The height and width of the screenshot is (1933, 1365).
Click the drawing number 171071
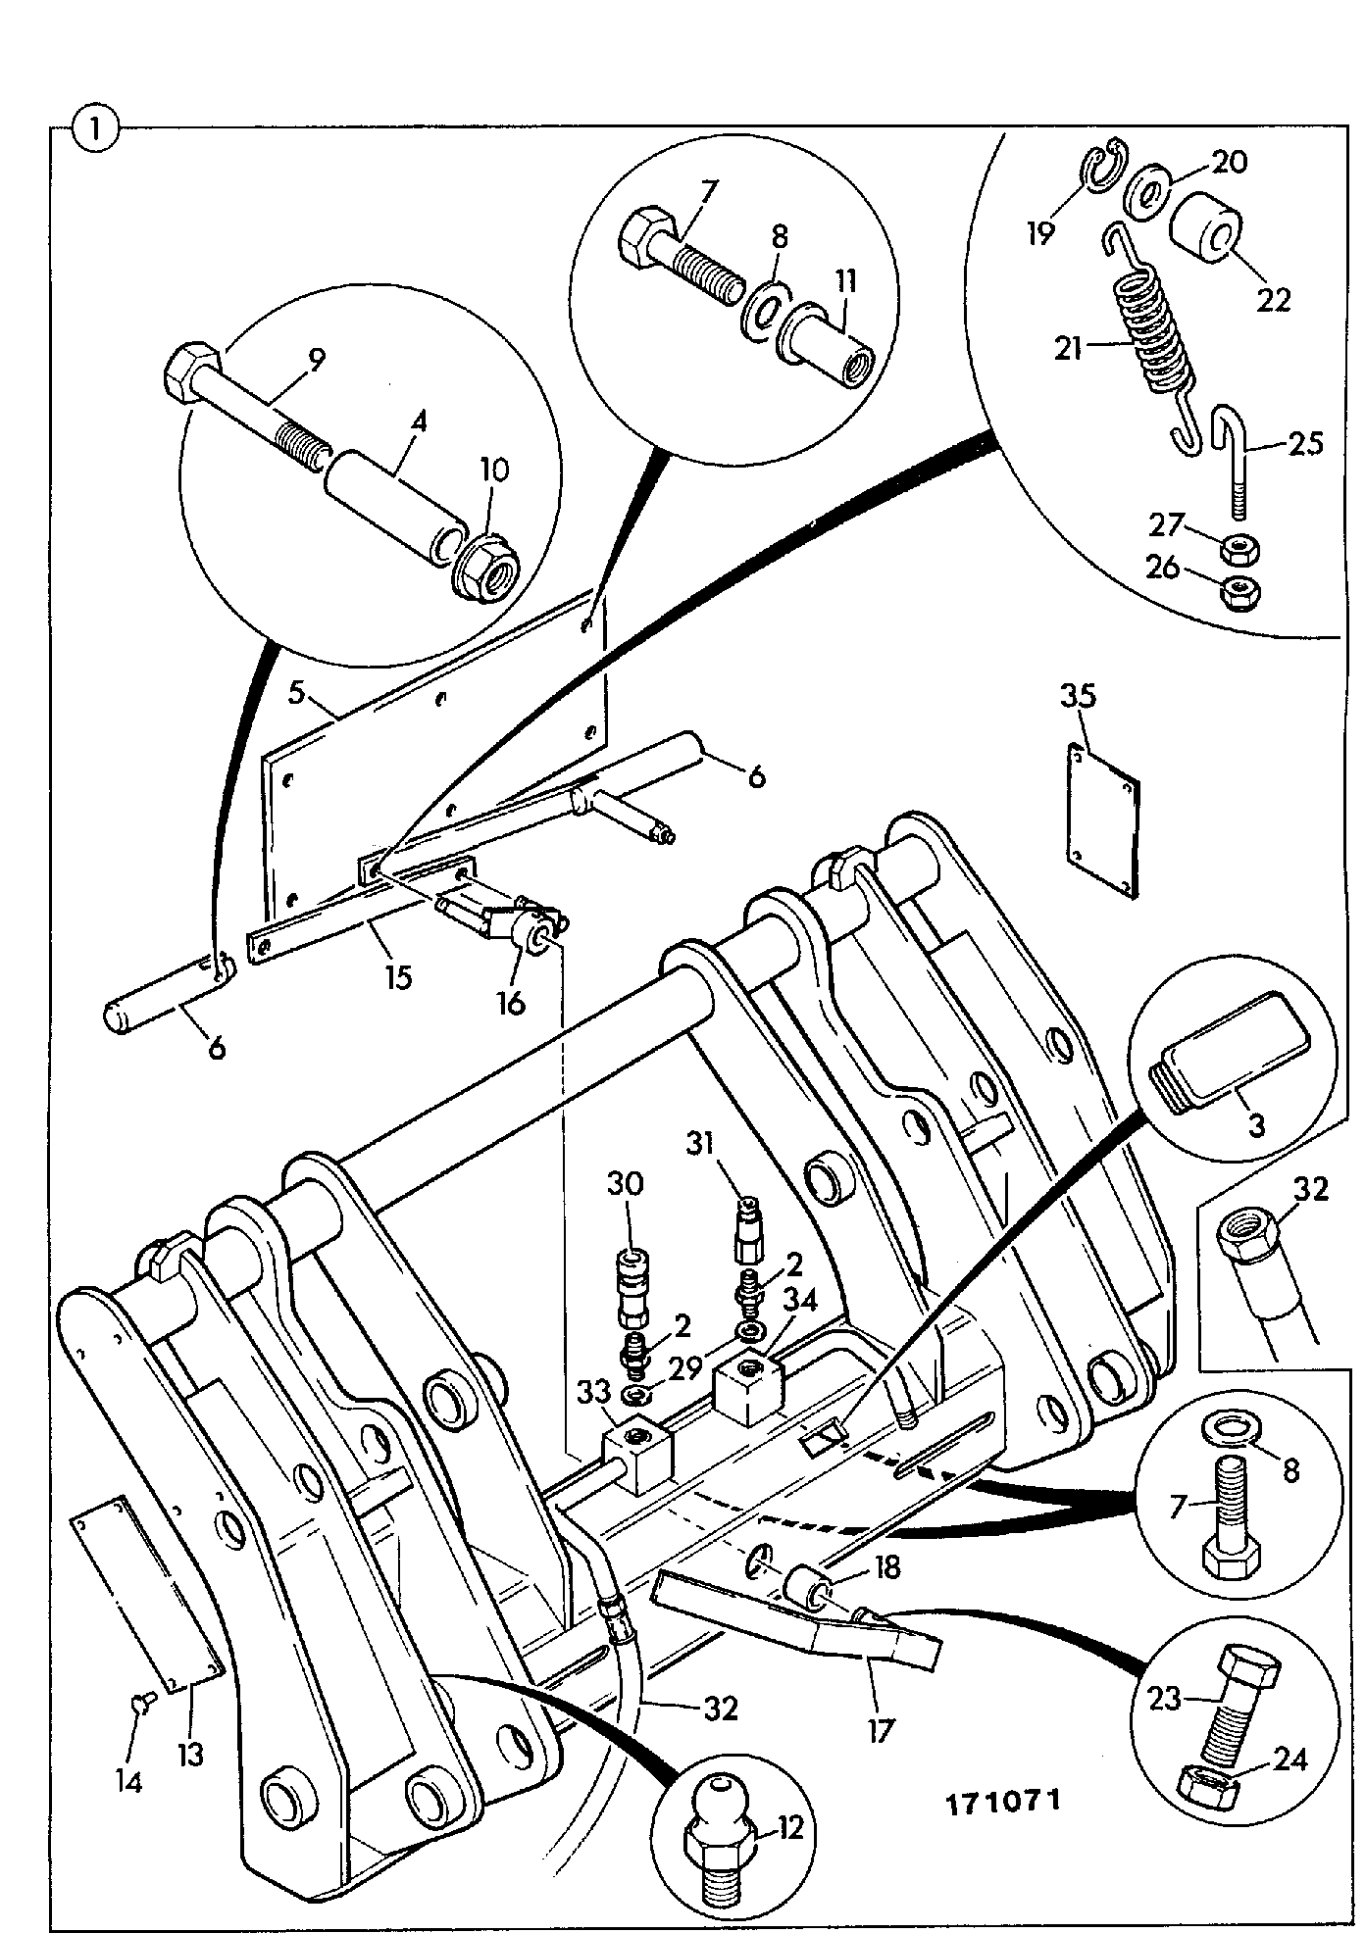[x=1003, y=1802]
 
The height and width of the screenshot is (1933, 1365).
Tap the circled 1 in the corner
[x=95, y=129]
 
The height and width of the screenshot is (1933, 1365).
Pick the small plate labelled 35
[x=1103, y=820]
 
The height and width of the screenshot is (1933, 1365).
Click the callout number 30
[x=626, y=1183]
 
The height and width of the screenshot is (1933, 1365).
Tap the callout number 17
[x=881, y=1731]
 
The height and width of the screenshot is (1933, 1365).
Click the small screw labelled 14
[x=139, y=1708]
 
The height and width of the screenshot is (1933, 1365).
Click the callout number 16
[x=511, y=1002]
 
